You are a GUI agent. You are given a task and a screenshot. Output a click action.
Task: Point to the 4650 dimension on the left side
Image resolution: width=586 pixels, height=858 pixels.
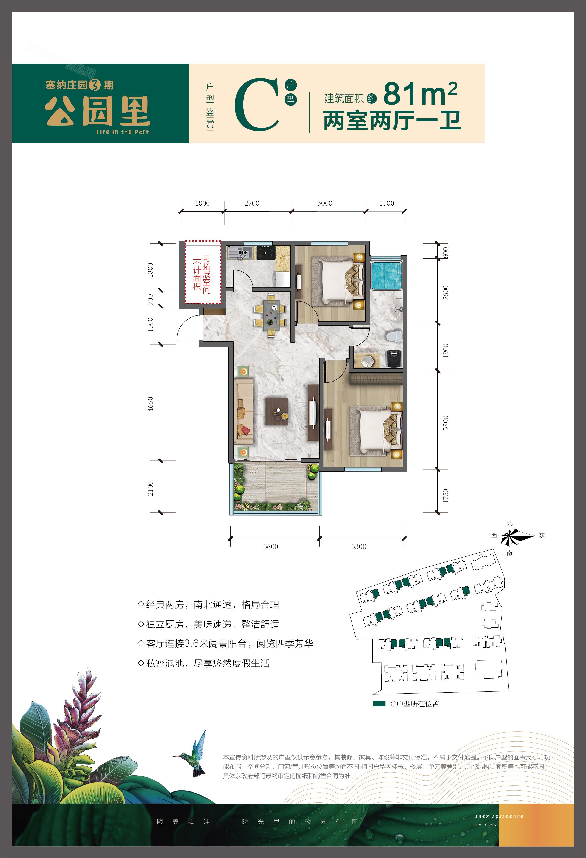click(150, 404)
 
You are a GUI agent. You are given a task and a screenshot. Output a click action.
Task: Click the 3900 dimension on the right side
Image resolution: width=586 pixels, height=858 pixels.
click(446, 423)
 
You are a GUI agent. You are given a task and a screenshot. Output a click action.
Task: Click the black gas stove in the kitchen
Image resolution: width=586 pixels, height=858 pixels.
click(266, 253)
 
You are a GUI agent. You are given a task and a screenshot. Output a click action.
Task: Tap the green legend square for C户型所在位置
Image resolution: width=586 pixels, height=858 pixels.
click(379, 703)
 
